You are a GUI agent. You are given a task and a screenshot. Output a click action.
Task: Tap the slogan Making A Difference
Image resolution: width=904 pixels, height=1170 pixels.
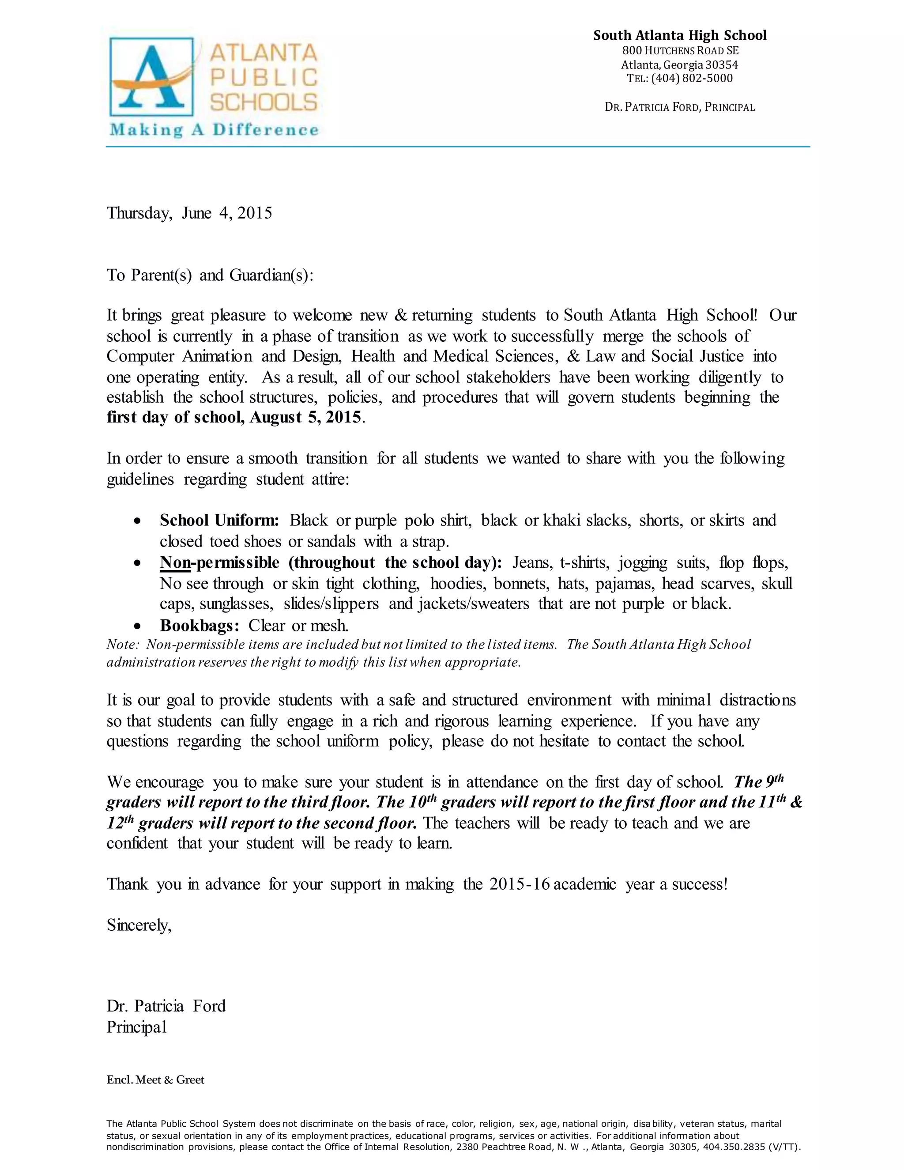pyautogui.click(x=214, y=130)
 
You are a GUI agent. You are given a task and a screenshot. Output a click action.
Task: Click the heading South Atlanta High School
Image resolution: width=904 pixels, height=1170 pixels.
pyautogui.click(x=679, y=35)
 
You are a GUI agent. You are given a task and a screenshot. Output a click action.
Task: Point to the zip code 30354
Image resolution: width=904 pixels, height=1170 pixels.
pyautogui.click(x=721, y=65)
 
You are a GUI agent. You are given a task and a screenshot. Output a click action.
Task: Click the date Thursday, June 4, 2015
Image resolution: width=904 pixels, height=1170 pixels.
pyautogui.click(x=189, y=213)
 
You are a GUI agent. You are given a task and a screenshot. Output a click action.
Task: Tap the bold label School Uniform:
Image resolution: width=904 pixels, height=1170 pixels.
pyautogui.click(x=219, y=520)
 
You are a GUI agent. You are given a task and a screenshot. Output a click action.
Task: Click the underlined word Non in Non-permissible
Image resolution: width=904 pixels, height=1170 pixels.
pyautogui.click(x=175, y=562)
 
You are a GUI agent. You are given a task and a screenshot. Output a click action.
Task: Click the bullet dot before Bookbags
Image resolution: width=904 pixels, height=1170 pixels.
pyautogui.click(x=138, y=626)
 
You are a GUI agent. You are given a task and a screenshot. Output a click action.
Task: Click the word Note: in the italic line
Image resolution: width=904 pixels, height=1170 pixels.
pyautogui.click(x=123, y=645)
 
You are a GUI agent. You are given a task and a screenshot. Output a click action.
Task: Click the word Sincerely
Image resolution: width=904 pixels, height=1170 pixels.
pyautogui.click(x=139, y=925)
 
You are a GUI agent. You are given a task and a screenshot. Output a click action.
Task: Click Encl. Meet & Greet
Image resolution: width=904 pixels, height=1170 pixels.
pyautogui.click(x=155, y=1080)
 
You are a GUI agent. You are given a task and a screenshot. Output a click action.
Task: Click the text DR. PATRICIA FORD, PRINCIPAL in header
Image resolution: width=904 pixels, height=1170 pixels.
pyautogui.click(x=679, y=107)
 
